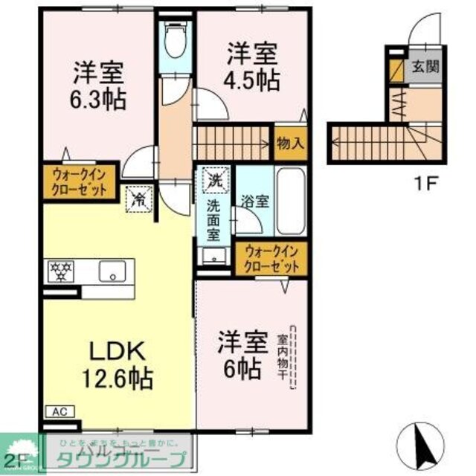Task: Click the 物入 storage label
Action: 290,143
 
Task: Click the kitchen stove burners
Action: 58,271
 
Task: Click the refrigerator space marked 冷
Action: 138,197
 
